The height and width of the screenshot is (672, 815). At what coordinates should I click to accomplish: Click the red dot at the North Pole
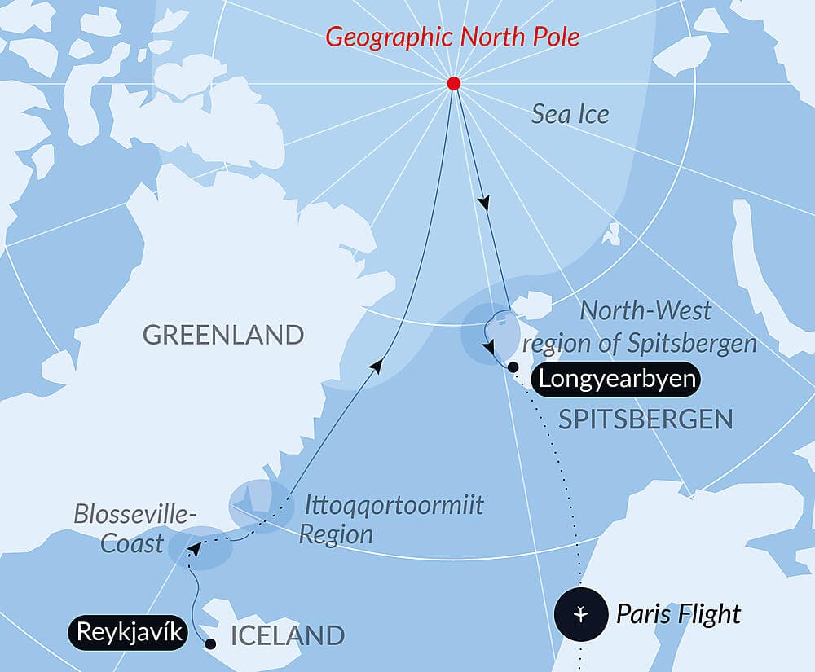pos(454,84)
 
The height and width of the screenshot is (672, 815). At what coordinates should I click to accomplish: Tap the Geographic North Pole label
pos(454,37)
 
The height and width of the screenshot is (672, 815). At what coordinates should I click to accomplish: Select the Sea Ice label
pos(570,114)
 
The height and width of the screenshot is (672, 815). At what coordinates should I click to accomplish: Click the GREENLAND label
pos(222,335)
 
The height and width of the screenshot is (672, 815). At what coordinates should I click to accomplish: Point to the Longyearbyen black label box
pos(618,380)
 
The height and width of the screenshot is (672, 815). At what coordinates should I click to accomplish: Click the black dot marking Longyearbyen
pos(512,367)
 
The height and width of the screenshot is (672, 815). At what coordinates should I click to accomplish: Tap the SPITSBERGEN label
pos(645,419)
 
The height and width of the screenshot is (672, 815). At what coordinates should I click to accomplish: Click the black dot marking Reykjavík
pos(210,644)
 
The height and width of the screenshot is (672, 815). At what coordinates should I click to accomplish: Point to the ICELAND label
pos(288,635)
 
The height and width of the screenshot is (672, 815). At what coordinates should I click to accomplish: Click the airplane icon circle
pos(579,613)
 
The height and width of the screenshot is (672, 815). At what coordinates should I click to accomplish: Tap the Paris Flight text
pos(678,613)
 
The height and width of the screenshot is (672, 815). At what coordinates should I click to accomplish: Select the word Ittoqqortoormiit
pos(393,506)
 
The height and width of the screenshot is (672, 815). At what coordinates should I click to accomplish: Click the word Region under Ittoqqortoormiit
pos(336,534)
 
